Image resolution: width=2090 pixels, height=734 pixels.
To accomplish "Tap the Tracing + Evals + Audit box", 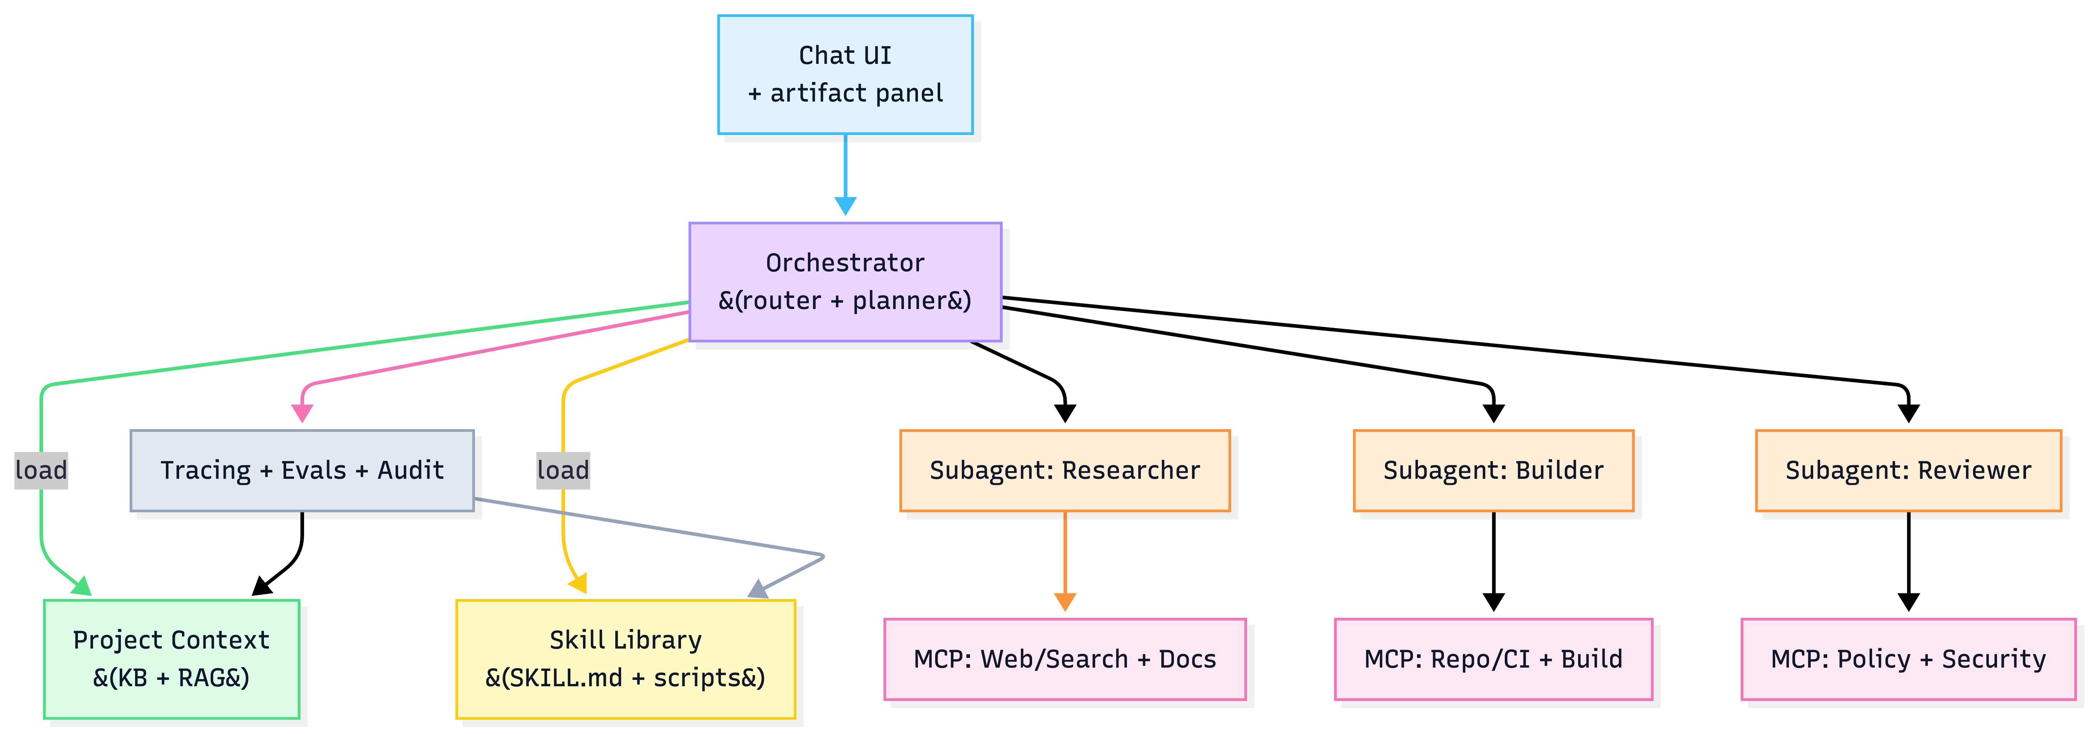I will (302, 471).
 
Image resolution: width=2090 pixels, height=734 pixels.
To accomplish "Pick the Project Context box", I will (171, 659).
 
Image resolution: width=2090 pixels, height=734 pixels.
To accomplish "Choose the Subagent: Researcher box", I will (1064, 471).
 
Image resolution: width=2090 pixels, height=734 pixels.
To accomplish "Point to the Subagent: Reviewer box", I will (1908, 471).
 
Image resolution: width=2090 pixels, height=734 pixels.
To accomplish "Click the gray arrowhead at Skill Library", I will (758, 589).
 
